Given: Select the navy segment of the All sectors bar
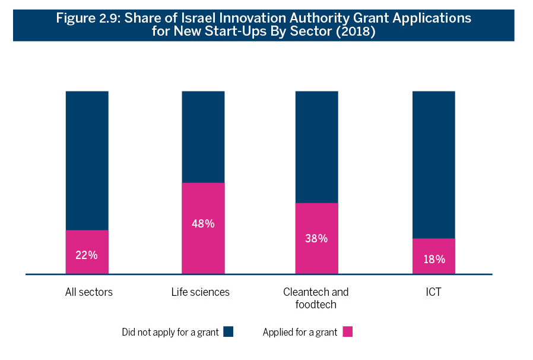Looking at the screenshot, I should [87, 160].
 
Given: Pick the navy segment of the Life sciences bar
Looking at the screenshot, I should [203, 137].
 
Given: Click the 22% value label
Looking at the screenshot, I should [87, 255].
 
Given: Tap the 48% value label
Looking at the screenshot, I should [203, 224].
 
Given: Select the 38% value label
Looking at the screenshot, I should [316, 238].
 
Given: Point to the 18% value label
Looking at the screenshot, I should [433, 259].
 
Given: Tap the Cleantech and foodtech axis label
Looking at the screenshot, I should [316, 298].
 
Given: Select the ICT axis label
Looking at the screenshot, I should [433, 292].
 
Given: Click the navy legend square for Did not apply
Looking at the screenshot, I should [229, 332].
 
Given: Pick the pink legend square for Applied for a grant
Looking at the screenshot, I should [348, 332].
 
